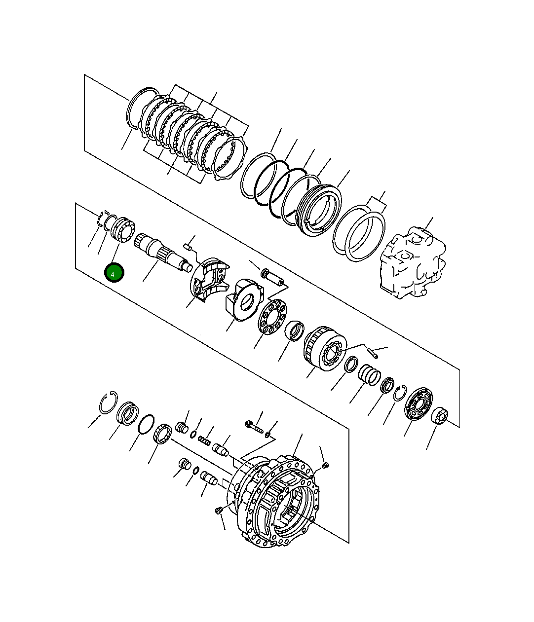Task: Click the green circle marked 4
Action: click(114, 273)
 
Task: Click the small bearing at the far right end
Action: click(439, 416)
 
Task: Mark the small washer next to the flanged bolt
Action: click(267, 435)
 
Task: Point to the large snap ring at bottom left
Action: click(108, 403)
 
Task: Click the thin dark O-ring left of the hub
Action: click(146, 424)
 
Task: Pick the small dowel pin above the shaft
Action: click(187, 246)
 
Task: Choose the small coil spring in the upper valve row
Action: click(204, 439)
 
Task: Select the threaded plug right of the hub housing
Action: click(325, 466)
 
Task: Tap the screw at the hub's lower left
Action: click(219, 511)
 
